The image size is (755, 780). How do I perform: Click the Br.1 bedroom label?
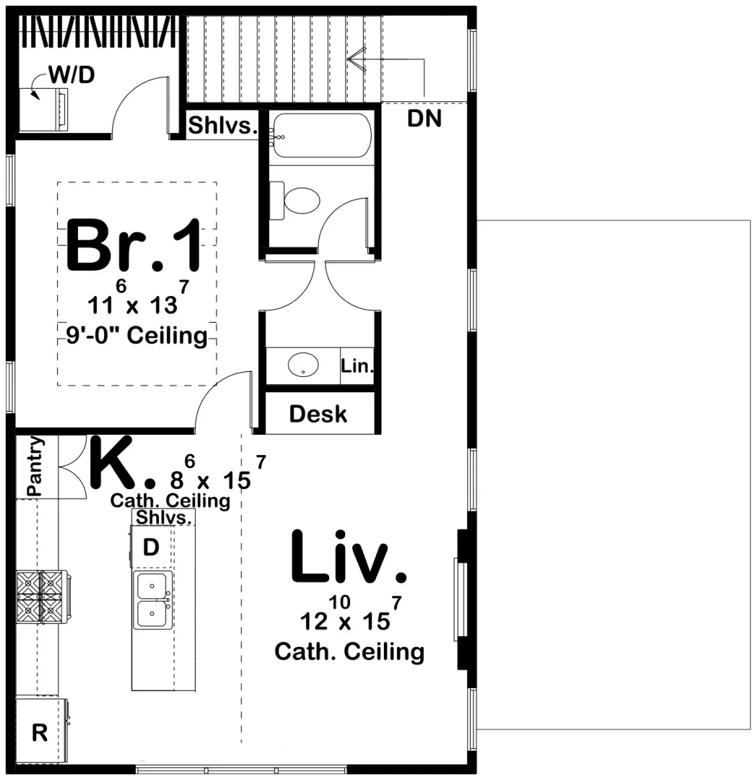click(x=134, y=246)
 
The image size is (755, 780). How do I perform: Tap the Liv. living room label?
click(x=349, y=557)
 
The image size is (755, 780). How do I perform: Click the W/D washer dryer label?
click(x=71, y=74)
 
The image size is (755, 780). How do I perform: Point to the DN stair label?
click(x=424, y=119)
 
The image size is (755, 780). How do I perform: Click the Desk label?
click(x=318, y=414)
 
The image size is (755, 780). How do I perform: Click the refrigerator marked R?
click(x=40, y=733)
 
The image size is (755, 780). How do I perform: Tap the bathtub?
click(x=322, y=135)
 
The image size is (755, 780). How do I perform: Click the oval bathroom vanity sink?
click(x=304, y=365)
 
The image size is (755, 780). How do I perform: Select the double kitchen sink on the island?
click(x=153, y=601)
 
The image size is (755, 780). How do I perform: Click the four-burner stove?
click(x=41, y=596)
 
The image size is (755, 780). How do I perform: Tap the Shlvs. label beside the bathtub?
click(x=223, y=125)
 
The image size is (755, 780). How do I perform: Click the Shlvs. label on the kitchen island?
click(x=164, y=517)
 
